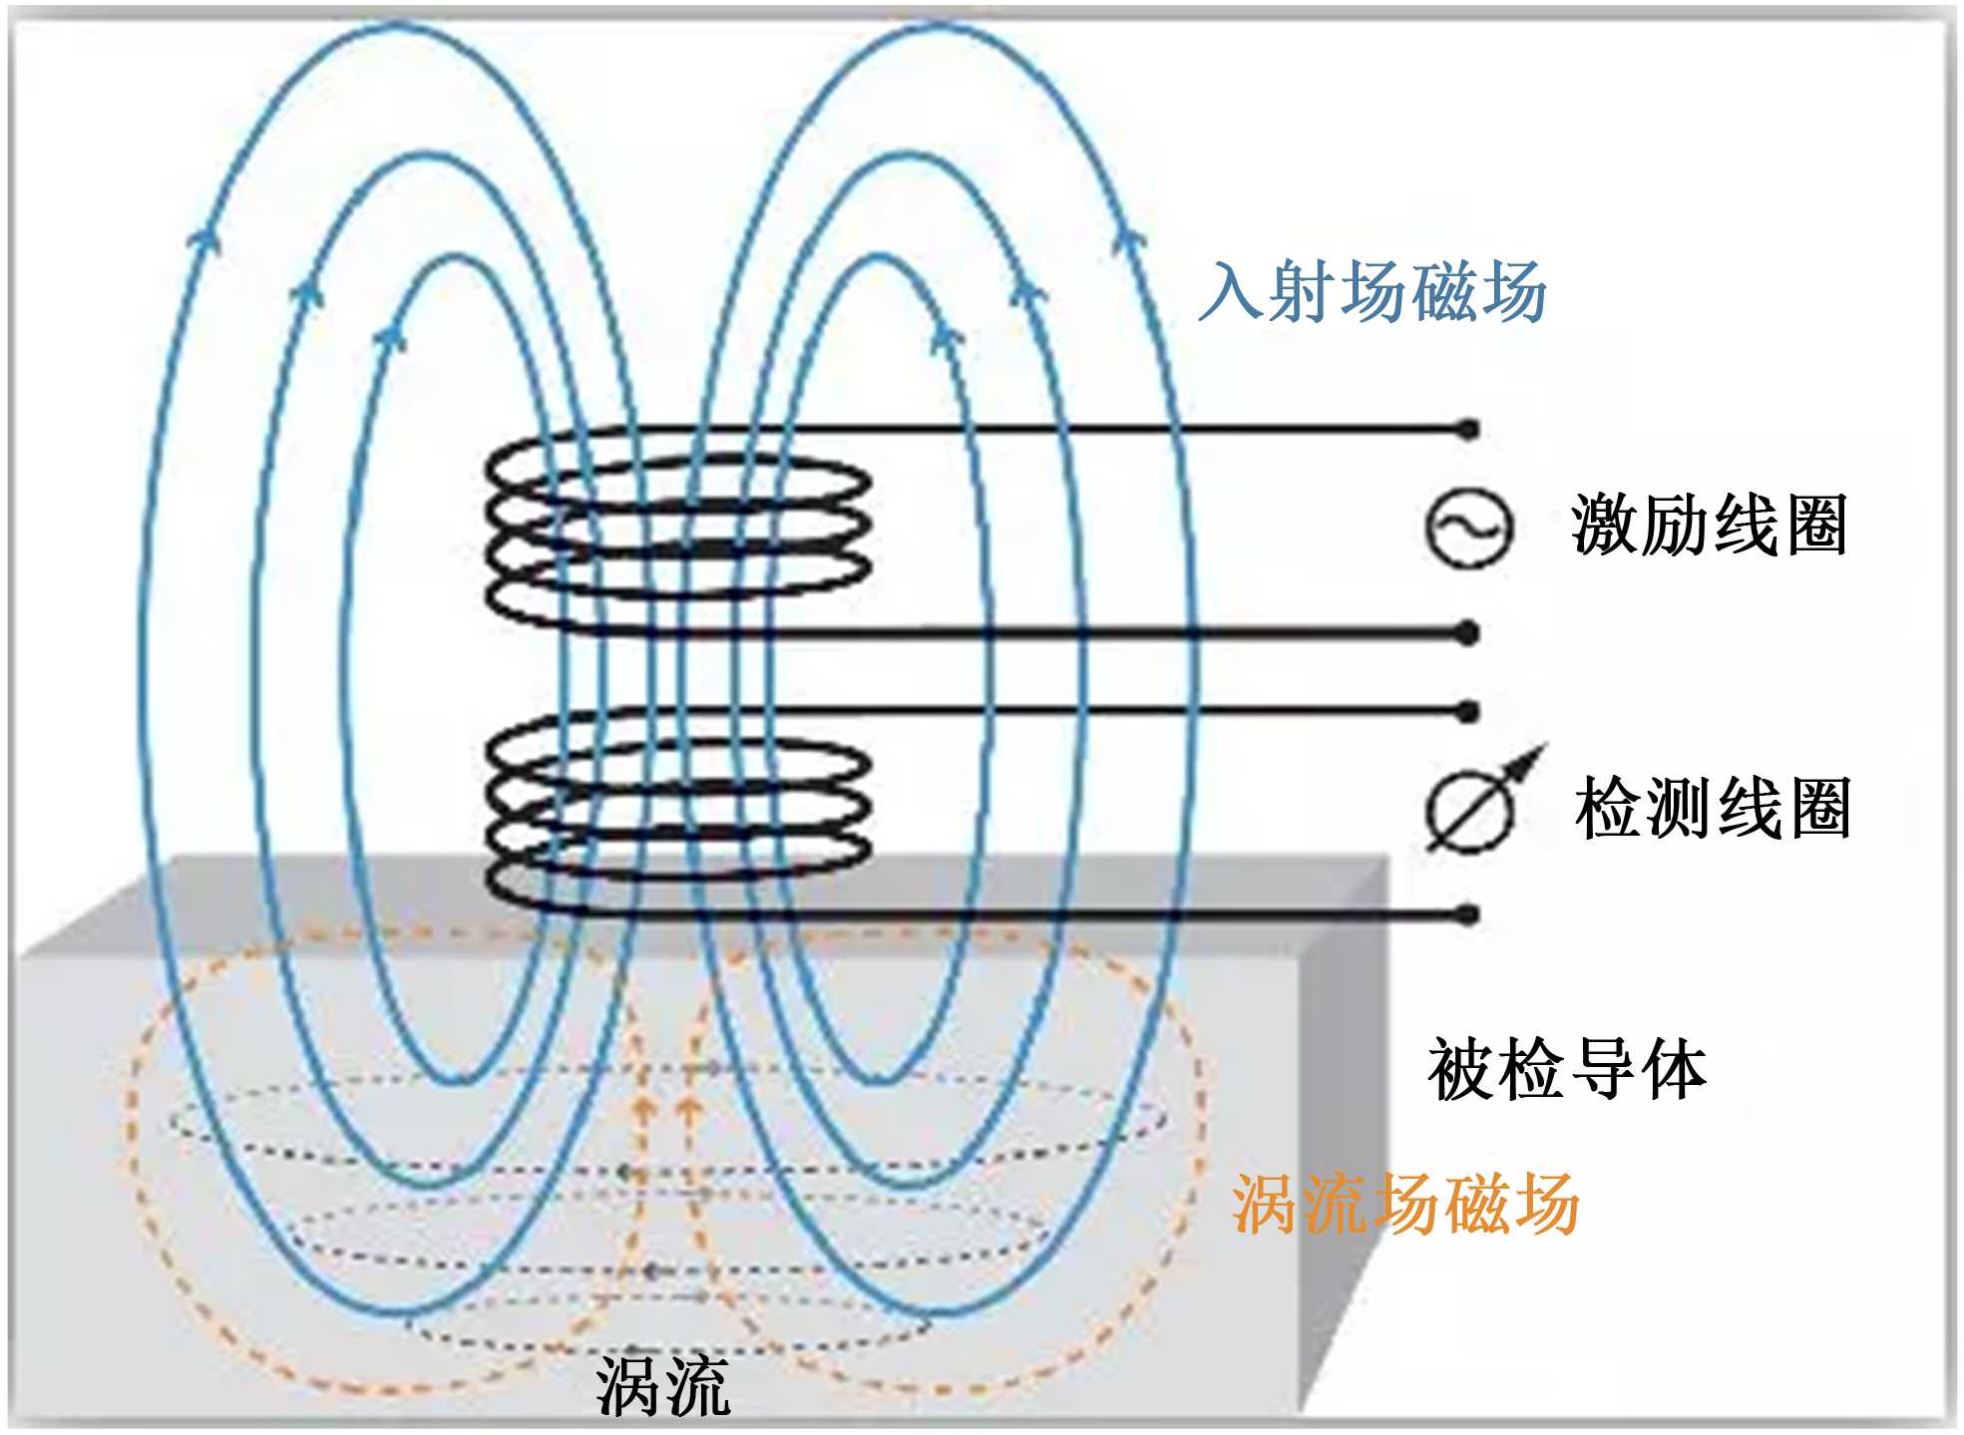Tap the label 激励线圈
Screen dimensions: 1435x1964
[x=1709, y=525]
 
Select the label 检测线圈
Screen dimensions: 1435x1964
[x=1713, y=807]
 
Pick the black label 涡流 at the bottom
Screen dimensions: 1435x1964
[x=663, y=1385]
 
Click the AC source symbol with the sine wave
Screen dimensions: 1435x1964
[x=1467, y=529]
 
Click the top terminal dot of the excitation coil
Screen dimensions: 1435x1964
[x=1468, y=430]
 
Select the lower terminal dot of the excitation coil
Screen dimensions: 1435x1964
[x=1468, y=633]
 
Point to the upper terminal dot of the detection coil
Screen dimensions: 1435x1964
[x=1468, y=712]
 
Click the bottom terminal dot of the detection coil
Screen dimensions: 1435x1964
[x=1468, y=914]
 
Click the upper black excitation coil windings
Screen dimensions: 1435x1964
[x=678, y=529]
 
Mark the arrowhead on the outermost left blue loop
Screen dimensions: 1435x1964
[x=204, y=235]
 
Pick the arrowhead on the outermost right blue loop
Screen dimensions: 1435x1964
[x=1128, y=240]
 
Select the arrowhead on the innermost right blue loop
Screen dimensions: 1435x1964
[x=946, y=336]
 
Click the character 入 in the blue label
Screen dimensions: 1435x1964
[x=1231, y=291]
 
